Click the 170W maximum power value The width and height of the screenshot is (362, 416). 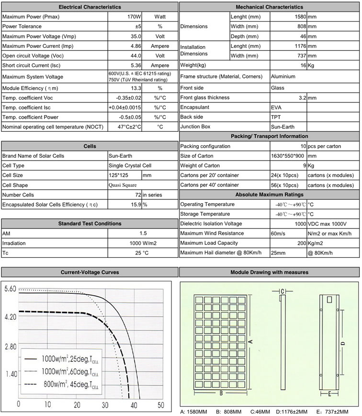[134, 16]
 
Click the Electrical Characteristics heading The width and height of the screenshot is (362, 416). [90, 7]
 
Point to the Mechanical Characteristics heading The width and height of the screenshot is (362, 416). [270, 7]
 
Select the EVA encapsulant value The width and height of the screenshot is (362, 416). [276, 107]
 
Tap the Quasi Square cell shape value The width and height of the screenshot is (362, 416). [123, 185]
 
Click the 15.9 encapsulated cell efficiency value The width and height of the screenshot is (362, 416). [135, 205]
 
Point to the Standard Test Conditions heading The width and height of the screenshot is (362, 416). [90, 223]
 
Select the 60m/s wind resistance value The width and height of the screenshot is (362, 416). [280, 233]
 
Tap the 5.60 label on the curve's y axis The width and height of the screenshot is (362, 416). [10, 289]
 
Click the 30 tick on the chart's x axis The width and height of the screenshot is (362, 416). [104, 404]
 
